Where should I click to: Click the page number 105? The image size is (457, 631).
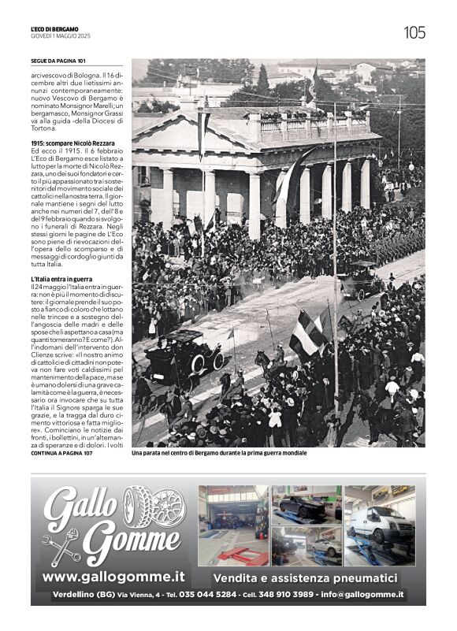coord(414,32)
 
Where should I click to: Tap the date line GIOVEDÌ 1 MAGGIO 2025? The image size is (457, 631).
coord(58,36)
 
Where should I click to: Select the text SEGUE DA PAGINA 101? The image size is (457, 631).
coord(58,61)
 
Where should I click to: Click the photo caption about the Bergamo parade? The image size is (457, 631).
coord(219,453)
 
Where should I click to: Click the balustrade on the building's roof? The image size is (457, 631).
coord(311,124)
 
